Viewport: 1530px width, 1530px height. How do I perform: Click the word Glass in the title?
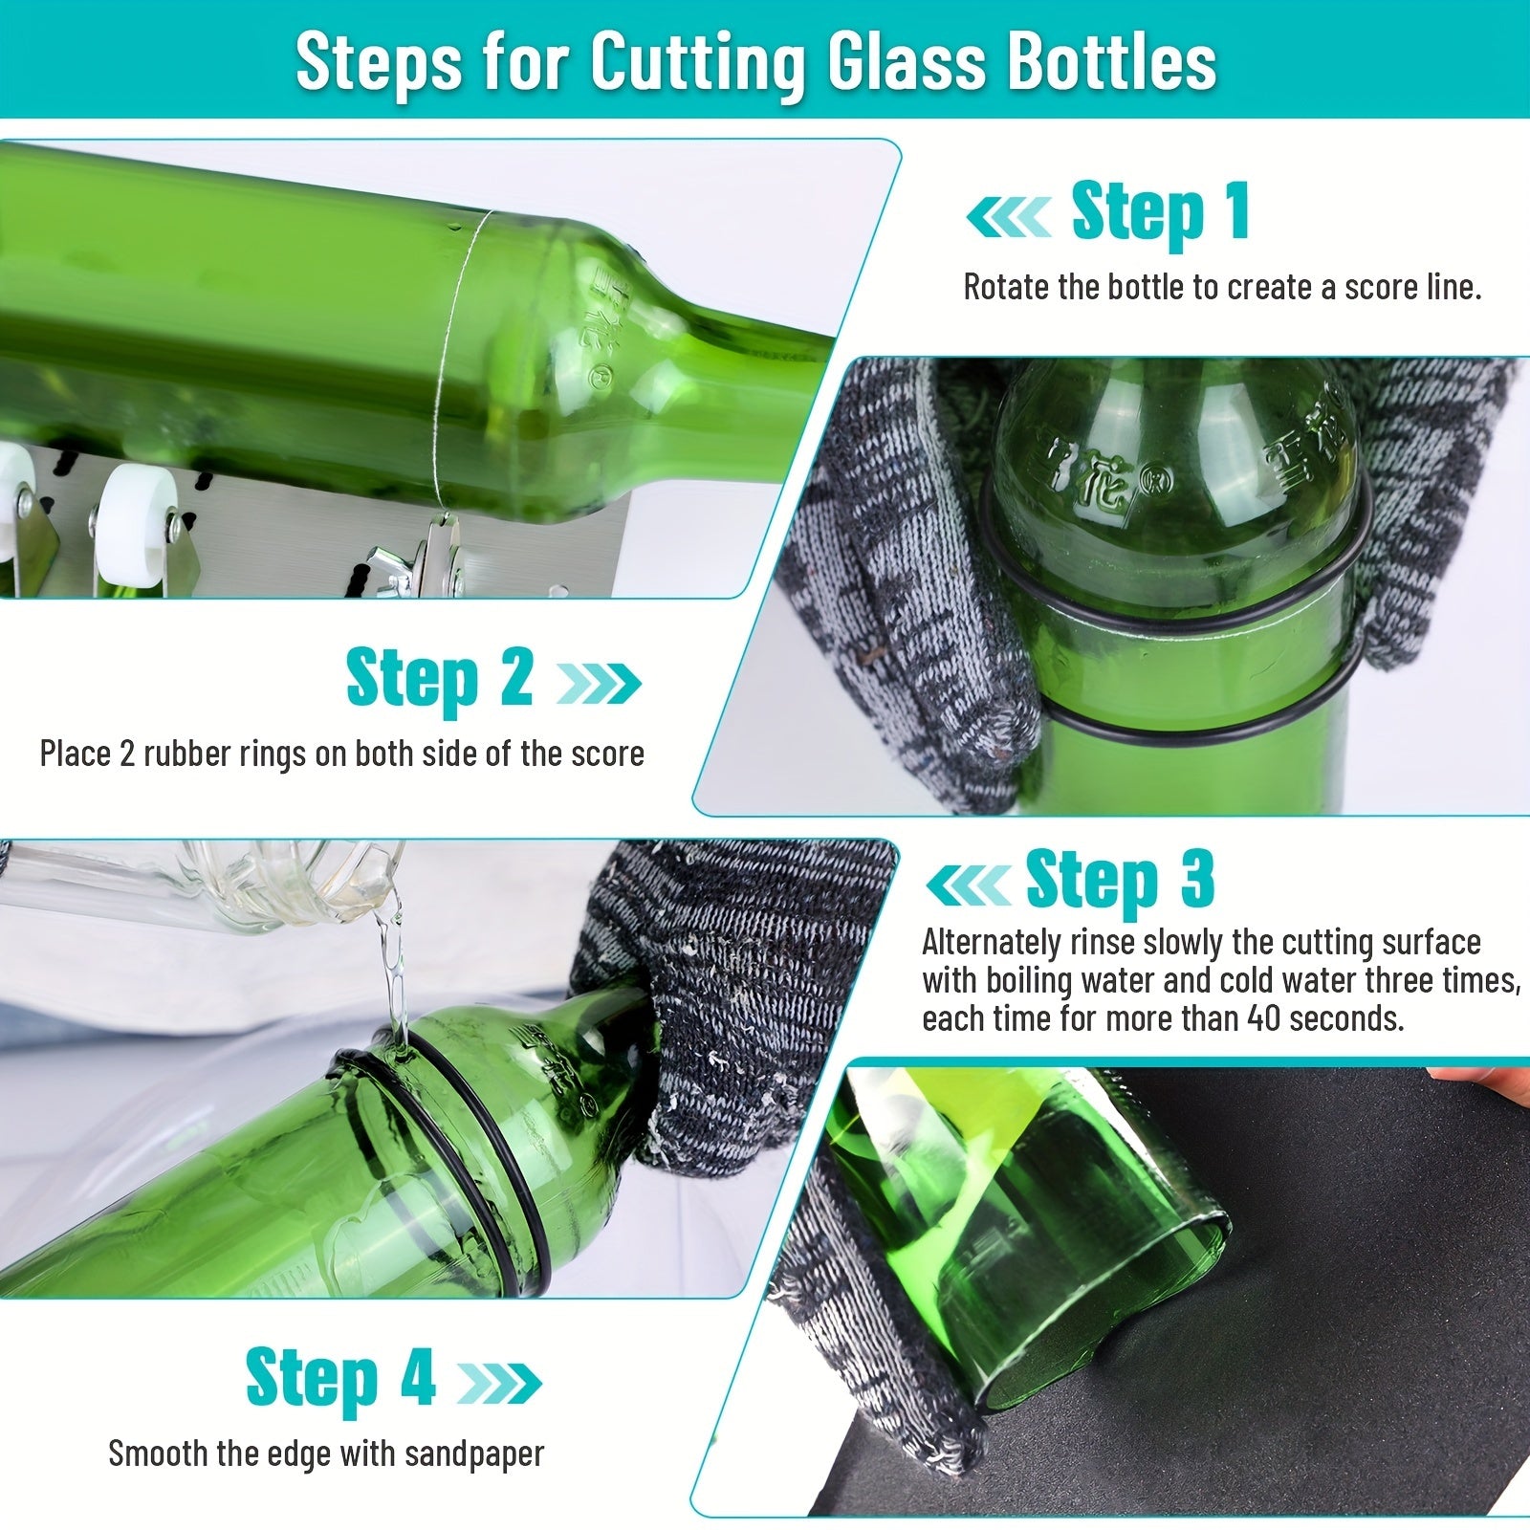(906, 62)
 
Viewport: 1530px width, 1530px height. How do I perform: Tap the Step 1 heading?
(1160, 212)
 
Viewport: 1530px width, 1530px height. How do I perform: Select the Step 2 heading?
(439, 678)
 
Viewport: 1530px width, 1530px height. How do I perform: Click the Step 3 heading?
(1120, 879)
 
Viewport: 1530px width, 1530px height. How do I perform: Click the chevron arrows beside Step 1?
(1009, 218)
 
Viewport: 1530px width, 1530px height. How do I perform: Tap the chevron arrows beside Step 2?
(599, 683)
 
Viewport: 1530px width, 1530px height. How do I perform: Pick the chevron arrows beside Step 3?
(968, 885)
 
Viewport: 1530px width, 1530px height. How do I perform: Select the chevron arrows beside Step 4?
(499, 1383)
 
